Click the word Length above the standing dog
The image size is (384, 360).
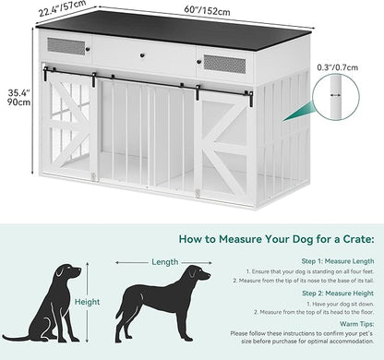pos(165,261)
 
